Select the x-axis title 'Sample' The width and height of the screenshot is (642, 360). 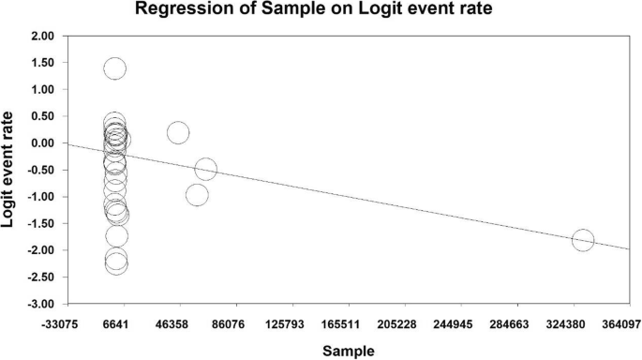(348, 351)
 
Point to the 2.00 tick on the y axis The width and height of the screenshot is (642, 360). (45, 36)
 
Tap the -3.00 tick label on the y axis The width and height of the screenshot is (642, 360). (43, 305)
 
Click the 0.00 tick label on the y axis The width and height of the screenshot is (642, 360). (45, 143)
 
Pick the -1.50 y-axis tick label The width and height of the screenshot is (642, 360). (43, 224)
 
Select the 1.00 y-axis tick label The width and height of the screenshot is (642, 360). (45, 90)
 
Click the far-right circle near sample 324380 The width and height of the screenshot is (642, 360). (583, 240)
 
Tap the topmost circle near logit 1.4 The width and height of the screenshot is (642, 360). (114, 68)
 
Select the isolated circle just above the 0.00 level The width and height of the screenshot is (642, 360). (178, 132)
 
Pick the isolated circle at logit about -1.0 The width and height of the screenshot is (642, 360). (197, 195)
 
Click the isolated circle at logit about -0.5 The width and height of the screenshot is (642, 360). (206, 169)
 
